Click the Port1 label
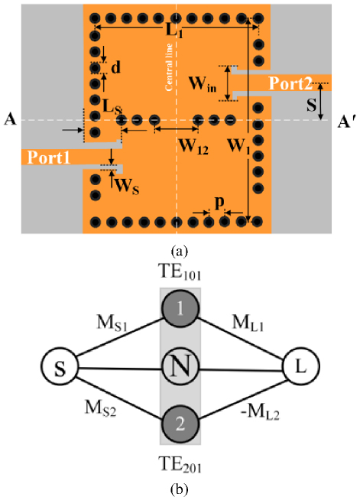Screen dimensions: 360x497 48,158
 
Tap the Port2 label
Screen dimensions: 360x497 290,83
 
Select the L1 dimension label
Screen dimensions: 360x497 174,31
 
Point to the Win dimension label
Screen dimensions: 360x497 203,84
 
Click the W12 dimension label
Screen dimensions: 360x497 194,147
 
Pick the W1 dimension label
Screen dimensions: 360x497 239,147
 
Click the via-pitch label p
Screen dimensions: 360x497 219,203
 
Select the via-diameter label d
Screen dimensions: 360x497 116,67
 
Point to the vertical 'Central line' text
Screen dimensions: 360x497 169,67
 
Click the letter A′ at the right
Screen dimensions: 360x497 345,122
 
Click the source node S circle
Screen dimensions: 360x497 60,367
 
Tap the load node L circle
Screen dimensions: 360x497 300,366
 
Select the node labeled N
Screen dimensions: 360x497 180,366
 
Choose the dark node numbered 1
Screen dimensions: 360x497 180,308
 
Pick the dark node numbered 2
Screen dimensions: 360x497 180,424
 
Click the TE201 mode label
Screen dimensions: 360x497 180,466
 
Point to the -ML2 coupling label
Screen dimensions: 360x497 261,413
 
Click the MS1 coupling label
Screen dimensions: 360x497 112,324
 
